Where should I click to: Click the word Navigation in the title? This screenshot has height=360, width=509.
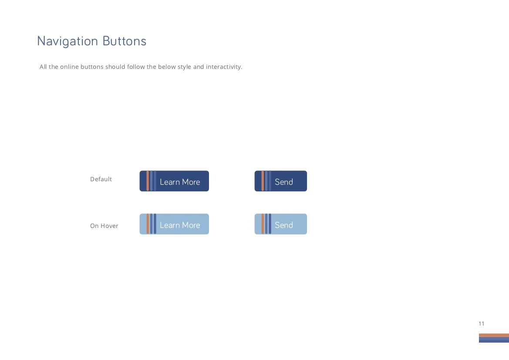67,41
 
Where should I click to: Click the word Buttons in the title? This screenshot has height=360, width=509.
125,41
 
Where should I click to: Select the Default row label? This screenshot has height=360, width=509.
101,179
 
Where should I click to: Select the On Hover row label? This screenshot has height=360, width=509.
104,226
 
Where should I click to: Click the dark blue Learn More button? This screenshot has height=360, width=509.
174,181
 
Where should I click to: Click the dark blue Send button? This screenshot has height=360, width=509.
281,181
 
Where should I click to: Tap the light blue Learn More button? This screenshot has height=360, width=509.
174,224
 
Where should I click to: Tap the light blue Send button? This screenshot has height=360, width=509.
281,224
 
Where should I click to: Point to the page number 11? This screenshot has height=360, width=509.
482,324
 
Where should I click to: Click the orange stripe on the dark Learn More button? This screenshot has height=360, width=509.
148,181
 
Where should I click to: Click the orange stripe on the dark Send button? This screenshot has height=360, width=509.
263,181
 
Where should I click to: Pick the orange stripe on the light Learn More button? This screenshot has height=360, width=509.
148,224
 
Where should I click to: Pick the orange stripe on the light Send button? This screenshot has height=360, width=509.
263,224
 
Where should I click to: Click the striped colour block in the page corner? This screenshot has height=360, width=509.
494,338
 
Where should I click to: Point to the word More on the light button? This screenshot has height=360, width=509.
191,225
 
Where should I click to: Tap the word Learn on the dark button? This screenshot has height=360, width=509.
170,182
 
